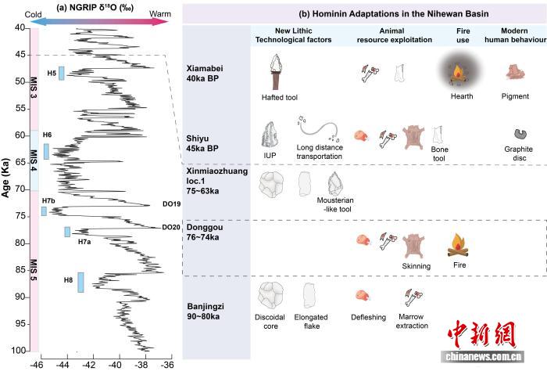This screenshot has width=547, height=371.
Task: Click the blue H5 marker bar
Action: click(61, 74)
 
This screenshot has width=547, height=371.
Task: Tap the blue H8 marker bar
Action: click(80, 282)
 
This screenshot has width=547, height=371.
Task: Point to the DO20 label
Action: click(170, 228)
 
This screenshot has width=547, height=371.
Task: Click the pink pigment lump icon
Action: click(516, 73)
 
